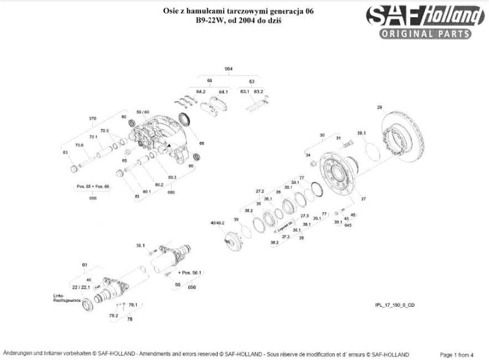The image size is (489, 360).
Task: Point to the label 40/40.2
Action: (218, 224)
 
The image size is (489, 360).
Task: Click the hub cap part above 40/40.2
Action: (232, 238)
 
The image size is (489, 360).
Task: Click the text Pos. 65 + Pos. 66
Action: (92, 185)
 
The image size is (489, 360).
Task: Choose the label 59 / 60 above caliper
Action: (142, 112)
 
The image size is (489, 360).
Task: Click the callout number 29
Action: (379, 108)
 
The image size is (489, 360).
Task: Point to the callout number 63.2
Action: (259, 92)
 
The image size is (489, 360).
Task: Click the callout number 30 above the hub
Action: (322, 134)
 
